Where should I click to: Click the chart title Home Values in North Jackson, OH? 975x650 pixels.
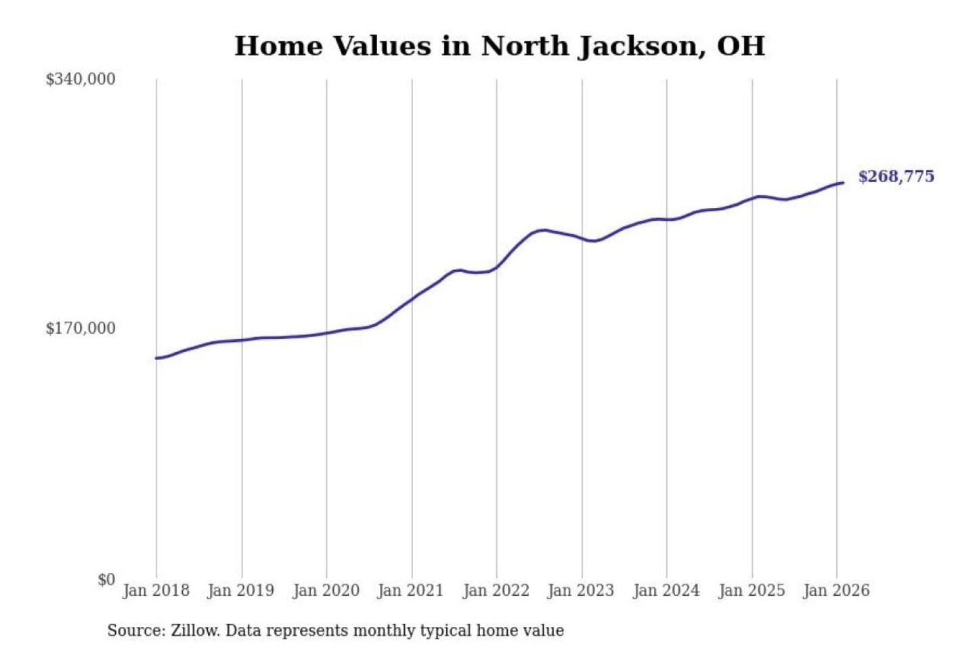[x=500, y=46]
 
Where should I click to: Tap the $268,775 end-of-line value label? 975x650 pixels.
[x=896, y=177]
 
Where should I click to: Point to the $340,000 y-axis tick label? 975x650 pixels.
[x=81, y=79]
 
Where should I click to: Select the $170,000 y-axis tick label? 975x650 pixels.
[x=81, y=328]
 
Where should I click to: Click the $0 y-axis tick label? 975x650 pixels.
[x=106, y=580]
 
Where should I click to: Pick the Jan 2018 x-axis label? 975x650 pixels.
[x=156, y=590]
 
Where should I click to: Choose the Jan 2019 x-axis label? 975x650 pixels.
[x=241, y=590]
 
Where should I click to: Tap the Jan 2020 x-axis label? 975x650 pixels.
[x=326, y=590]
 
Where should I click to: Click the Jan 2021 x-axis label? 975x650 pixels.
[x=410, y=590]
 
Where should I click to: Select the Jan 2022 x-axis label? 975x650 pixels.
[x=496, y=590]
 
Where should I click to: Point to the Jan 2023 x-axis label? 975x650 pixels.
[x=580, y=590]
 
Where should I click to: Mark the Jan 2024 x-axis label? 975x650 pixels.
[x=666, y=590]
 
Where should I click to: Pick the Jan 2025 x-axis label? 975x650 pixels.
[x=751, y=590]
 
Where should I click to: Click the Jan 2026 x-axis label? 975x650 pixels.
[x=836, y=590]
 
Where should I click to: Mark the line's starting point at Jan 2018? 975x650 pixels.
[x=156, y=358]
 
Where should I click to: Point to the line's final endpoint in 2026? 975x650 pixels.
[x=843, y=183]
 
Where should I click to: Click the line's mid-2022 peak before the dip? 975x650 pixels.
[x=542, y=230]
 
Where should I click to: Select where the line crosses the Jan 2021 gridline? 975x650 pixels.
[x=412, y=299]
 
